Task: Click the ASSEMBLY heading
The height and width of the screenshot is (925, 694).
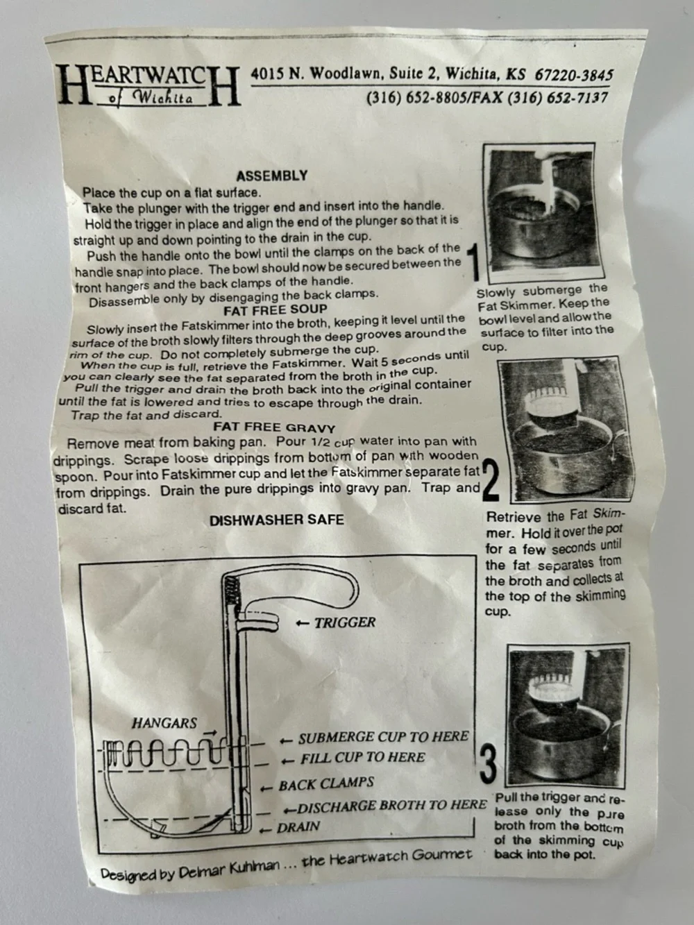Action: [272, 176]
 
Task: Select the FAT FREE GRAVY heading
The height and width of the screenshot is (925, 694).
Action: [274, 427]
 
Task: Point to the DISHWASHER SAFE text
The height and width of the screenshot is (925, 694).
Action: [277, 520]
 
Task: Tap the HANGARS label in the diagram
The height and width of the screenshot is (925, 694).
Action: [164, 723]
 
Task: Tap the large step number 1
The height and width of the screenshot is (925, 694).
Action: [475, 264]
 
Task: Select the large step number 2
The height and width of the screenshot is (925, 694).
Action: [490, 480]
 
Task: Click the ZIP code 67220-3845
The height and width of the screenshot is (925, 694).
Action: [574, 75]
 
